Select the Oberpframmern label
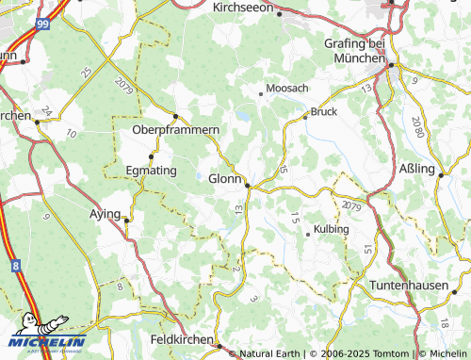click(x=176, y=129)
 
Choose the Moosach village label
click(x=287, y=88)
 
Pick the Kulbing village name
click(x=331, y=229)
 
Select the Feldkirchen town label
click(x=181, y=337)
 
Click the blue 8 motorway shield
click(x=17, y=268)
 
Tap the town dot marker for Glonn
click(x=248, y=185)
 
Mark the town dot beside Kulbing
click(x=308, y=234)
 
